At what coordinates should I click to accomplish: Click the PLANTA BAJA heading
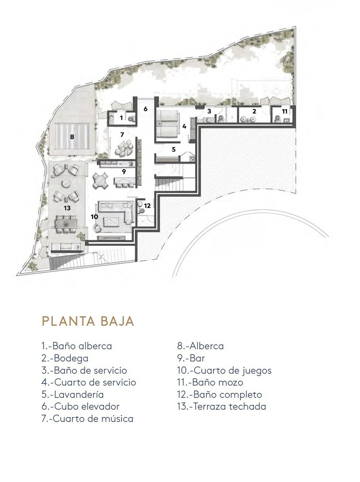[x=88, y=321]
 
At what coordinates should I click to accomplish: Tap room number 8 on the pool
[x=72, y=137]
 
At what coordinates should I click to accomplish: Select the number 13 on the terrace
[x=67, y=208]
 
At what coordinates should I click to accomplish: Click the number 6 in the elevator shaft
[x=145, y=109]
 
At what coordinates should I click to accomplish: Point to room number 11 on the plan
[x=284, y=111]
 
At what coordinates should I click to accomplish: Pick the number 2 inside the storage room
[x=254, y=111]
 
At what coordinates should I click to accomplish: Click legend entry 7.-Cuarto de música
[x=88, y=419]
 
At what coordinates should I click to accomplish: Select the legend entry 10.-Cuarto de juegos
[x=225, y=370]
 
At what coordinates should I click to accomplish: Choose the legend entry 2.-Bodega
[x=65, y=358]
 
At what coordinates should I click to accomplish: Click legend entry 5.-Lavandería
[x=73, y=394]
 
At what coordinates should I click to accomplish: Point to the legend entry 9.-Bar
[x=191, y=358]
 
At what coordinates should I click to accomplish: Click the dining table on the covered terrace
[x=66, y=224]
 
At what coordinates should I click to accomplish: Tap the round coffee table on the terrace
[x=66, y=183]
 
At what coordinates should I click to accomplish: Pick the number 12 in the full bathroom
[x=147, y=206]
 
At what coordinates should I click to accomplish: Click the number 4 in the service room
[x=184, y=127]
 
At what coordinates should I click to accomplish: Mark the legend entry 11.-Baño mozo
[x=210, y=382]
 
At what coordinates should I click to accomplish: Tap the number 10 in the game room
[x=94, y=217]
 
